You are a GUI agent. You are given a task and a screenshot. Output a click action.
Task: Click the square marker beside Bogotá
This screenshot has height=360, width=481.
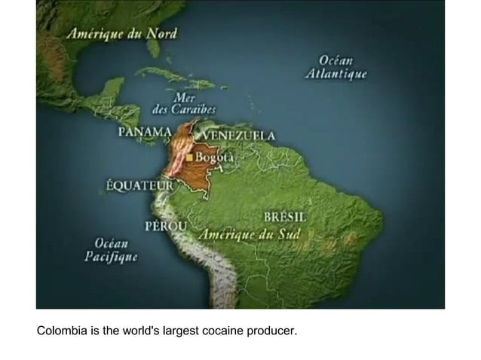click(191, 157)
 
